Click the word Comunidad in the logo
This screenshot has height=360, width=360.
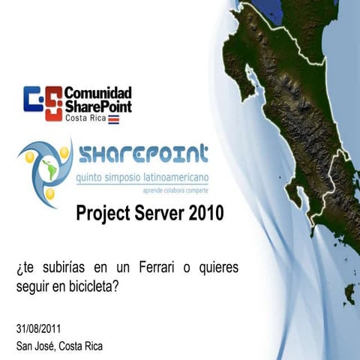97,93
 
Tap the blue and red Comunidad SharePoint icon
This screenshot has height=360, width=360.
43,103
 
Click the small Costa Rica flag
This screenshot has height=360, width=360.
113,119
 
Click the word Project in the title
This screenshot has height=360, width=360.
104,214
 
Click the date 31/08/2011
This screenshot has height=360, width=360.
38,328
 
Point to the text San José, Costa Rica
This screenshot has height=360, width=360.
59,346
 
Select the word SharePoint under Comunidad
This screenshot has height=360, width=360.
98,106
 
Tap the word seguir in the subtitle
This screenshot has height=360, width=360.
31,286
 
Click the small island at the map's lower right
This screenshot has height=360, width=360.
349,292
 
